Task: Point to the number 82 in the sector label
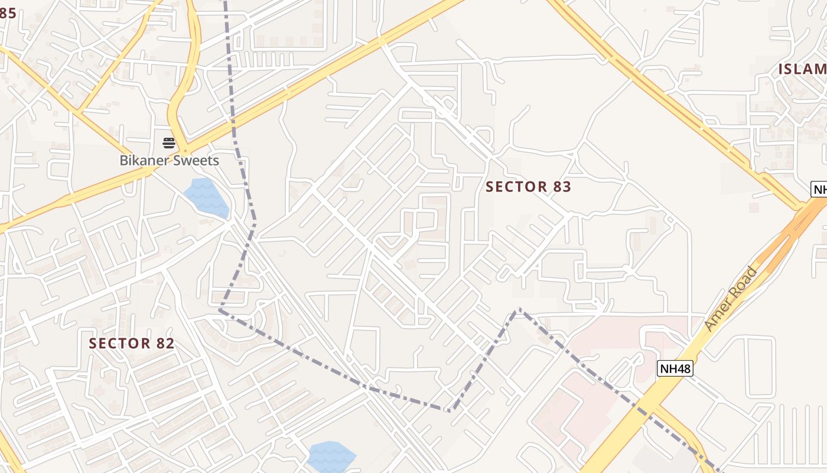pos(165,344)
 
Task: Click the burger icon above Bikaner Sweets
pos(169,142)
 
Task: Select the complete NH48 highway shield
pos(675,368)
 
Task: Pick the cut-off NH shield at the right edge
pos(819,189)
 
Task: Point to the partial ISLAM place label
pos(802,69)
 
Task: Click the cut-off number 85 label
pos(7,13)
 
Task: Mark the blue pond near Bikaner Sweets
pos(206,198)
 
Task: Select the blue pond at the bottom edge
pos(331,456)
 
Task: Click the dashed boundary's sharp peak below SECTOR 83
pos(519,309)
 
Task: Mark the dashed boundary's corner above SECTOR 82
pos(220,309)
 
